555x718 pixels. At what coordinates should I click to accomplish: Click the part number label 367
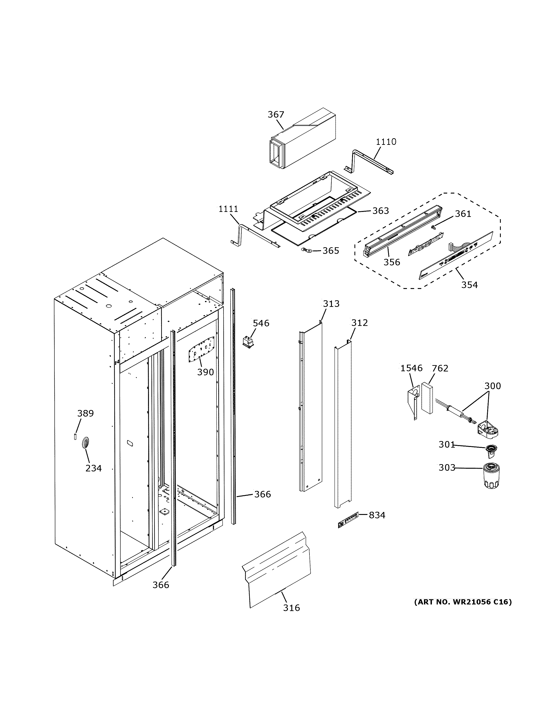tap(275, 114)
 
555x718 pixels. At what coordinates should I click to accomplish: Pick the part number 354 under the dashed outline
tap(469, 285)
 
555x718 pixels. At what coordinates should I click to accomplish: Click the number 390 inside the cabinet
tap(205, 372)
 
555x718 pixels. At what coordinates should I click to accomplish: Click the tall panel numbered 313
tap(311, 408)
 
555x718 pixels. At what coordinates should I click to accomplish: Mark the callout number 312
tap(359, 323)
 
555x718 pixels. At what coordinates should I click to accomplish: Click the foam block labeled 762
tap(427, 398)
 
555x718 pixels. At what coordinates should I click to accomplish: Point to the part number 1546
tap(411, 368)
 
